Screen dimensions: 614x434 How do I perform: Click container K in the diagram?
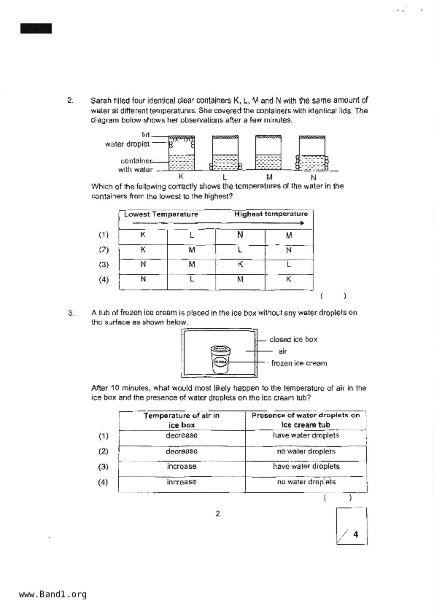(181, 153)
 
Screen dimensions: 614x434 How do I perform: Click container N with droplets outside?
(312, 153)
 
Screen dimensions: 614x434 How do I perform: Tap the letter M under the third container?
(269, 177)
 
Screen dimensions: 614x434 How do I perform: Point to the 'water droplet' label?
(127, 144)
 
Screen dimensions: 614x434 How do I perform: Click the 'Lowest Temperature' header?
(161, 214)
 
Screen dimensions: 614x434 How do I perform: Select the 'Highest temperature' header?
(271, 214)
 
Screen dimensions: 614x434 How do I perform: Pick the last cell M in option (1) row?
(289, 235)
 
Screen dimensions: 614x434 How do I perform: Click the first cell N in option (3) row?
(143, 264)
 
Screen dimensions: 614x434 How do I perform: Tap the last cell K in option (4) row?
(289, 279)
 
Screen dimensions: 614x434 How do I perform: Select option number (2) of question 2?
(104, 250)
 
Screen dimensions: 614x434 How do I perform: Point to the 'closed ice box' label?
(293, 340)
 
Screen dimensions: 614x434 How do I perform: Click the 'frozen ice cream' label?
(299, 363)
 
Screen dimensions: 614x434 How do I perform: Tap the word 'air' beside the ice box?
(282, 351)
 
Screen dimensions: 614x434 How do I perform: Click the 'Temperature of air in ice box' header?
(181, 420)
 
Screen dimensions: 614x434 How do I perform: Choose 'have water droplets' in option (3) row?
(306, 467)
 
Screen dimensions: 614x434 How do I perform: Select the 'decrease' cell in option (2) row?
(181, 451)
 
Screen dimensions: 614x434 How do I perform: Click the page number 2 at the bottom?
(218, 514)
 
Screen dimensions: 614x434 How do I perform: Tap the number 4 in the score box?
(356, 534)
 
